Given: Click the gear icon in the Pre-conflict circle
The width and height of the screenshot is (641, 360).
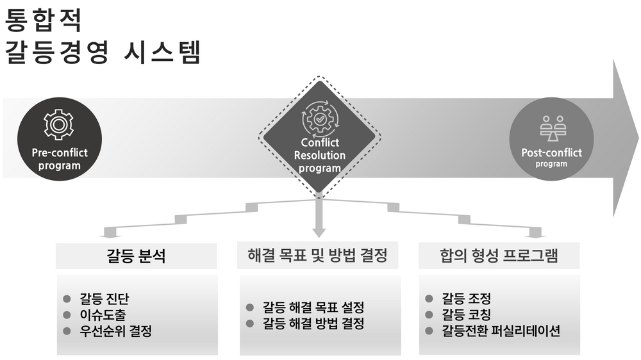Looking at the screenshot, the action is tap(59, 125).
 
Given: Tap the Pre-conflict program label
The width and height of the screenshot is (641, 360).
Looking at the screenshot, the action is tap(60, 159).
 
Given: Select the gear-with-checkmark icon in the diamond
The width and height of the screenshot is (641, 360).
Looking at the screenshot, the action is tap(320, 119).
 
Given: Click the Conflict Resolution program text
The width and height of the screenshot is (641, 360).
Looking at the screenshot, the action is tap(320, 155).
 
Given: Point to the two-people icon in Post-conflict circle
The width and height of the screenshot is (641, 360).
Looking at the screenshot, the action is tap(553, 128).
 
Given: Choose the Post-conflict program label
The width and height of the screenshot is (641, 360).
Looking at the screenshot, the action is tap(551, 158).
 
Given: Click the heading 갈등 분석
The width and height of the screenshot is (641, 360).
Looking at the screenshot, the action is tap(136, 256).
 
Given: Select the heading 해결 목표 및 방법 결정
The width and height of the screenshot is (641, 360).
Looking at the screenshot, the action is tap(318, 256).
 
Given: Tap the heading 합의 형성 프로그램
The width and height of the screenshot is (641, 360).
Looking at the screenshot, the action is tap(499, 256).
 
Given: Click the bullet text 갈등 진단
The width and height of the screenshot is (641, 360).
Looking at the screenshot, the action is tap(104, 299).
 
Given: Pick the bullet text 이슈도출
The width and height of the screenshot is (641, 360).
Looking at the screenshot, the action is tap(103, 315).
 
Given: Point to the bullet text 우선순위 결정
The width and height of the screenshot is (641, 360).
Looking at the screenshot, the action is tap(115, 331).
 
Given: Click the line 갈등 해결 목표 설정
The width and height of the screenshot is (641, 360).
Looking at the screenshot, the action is tap(313, 307).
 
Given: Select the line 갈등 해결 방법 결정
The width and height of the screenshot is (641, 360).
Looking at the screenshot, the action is tap(313, 323).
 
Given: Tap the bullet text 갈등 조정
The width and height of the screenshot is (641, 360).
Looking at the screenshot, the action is tap(466, 299).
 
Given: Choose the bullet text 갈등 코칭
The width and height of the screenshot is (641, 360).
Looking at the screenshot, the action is tap(466, 315).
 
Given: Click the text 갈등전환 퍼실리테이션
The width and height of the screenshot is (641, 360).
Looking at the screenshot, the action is tap(501, 331).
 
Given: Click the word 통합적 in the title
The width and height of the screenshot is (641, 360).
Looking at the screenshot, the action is tap(44, 20).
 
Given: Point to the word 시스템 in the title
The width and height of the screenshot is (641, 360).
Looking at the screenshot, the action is tap(162, 52).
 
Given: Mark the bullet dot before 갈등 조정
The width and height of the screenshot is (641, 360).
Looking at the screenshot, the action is tap(429, 299).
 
